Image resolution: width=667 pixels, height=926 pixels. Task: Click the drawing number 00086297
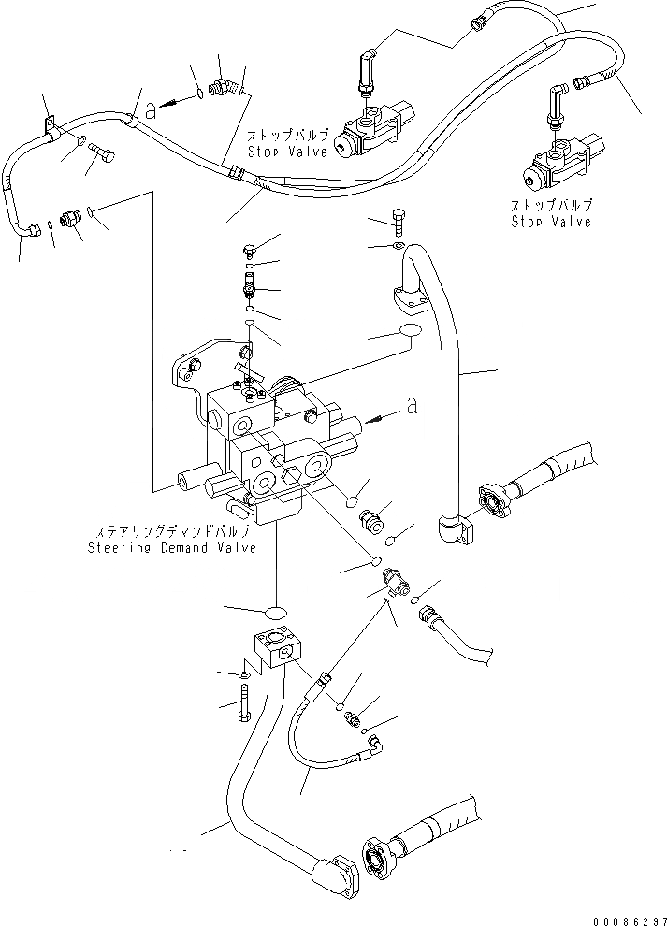pos(621,918)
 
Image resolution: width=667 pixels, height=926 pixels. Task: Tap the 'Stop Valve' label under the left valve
pos(287,151)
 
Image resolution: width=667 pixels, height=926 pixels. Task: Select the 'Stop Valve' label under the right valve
pos(550,222)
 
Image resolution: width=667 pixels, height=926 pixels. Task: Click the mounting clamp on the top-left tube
pos(49,124)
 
